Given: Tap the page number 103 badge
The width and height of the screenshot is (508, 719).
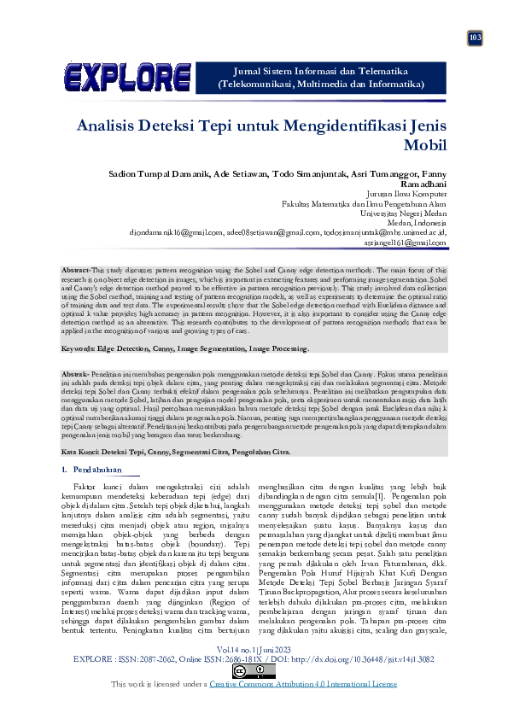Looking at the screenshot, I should [x=475, y=38].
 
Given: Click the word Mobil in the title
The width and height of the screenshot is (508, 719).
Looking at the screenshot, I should [x=423, y=144].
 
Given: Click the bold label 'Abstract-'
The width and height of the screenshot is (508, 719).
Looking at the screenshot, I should [x=77, y=270].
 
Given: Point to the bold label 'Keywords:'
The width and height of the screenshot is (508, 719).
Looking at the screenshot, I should [x=82, y=349].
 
